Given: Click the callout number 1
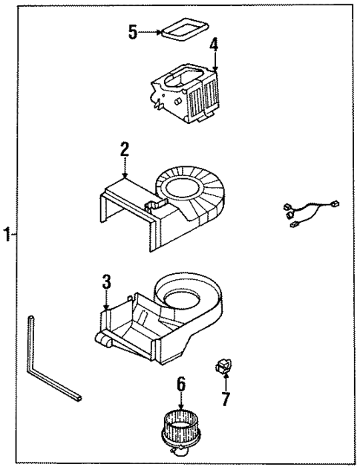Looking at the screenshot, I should pyautogui.click(x=6, y=235).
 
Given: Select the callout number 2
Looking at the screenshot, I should pyautogui.click(x=125, y=149).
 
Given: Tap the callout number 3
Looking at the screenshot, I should pyautogui.click(x=106, y=281).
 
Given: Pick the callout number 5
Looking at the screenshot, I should pyautogui.click(x=132, y=32).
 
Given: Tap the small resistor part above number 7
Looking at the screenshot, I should pyautogui.click(x=223, y=365).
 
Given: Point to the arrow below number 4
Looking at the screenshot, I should pyautogui.click(x=215, y=62).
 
